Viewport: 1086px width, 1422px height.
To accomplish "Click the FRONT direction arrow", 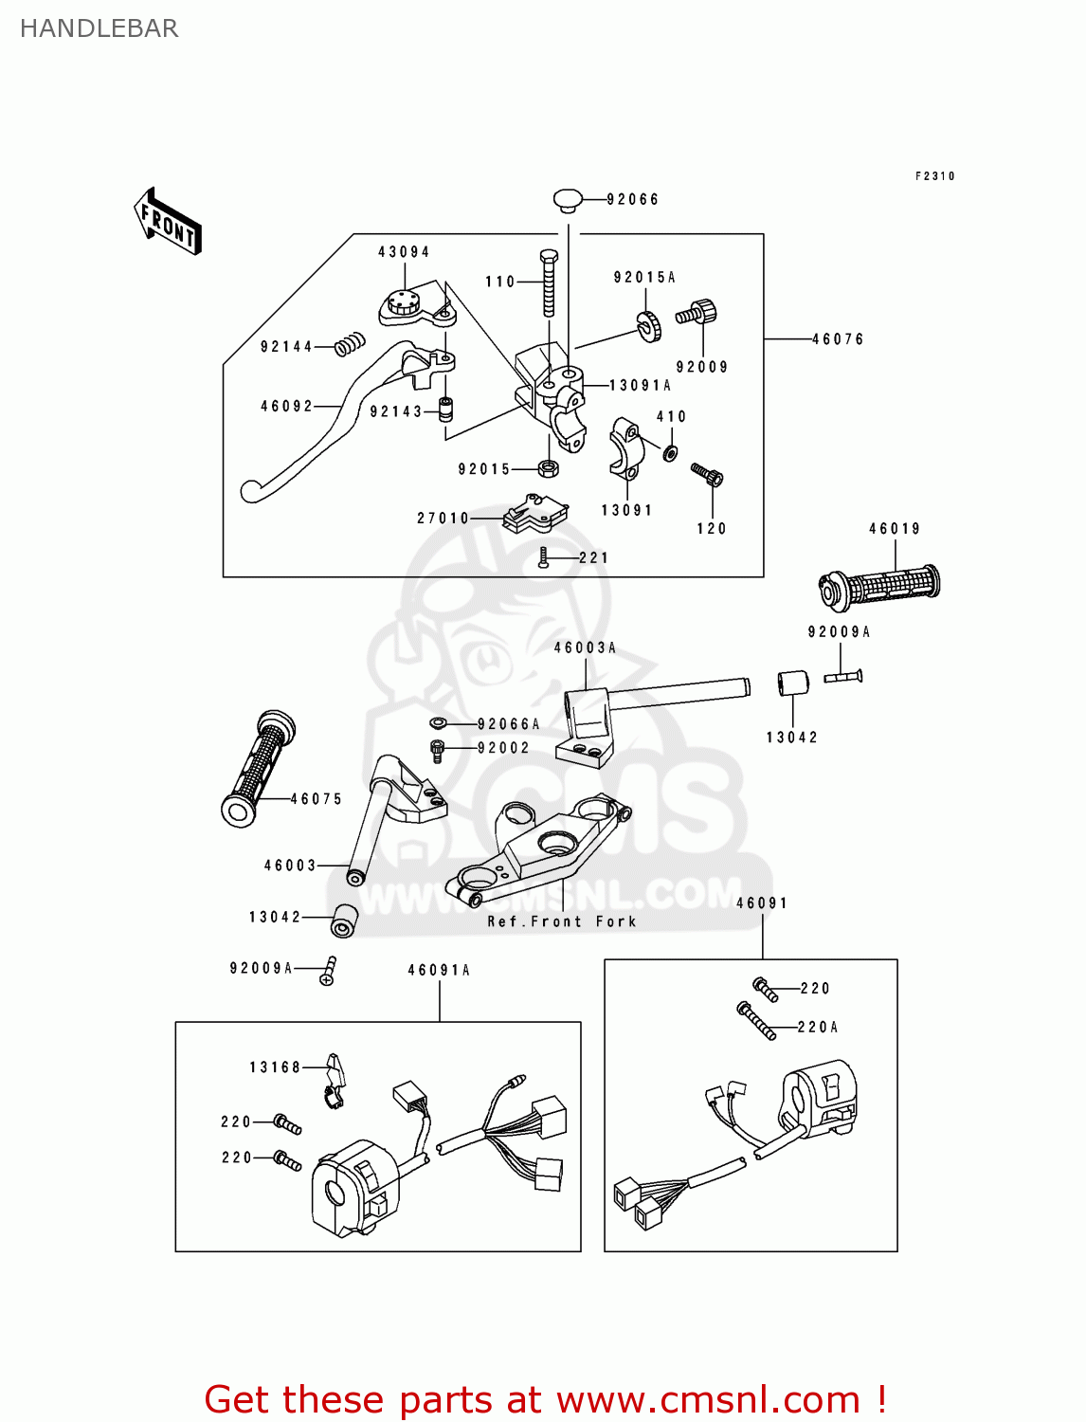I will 168,221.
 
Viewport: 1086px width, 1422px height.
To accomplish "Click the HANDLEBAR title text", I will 99,28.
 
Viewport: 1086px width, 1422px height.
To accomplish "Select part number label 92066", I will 632,199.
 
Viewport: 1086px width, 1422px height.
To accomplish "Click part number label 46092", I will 286,406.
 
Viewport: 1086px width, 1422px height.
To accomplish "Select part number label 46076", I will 838,339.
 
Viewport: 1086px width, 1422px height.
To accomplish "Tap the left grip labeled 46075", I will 257,767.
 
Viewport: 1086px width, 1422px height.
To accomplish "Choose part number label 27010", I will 443,518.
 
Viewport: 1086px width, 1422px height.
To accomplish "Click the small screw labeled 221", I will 544,557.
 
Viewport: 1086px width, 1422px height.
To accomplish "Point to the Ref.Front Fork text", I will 562,921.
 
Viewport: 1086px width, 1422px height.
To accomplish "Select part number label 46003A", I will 585,647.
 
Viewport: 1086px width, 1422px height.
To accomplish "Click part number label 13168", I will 275,1067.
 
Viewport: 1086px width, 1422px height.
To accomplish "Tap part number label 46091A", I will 439,970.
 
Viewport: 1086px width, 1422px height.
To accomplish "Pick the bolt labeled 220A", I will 757,1021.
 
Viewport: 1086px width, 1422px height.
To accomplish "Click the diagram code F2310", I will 934,176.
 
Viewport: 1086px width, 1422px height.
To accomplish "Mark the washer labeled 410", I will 670,451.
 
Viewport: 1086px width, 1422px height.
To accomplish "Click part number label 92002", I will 503,748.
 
